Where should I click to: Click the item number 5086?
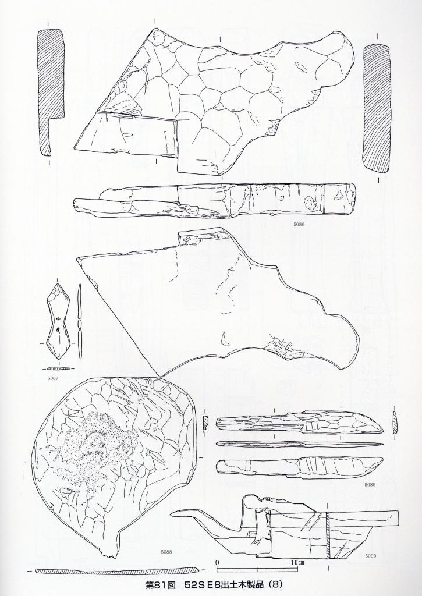coord(299,224)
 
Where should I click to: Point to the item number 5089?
coord(370,485)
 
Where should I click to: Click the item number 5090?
coord(371,556)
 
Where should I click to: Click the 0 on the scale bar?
coord(217,562)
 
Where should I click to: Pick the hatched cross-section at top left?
coord(51,93)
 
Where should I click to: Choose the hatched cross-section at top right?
coord(378,108)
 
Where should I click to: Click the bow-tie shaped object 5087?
coord(58,322)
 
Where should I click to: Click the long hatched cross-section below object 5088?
coord(117,570)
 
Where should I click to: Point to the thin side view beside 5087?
coord(80,321)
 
